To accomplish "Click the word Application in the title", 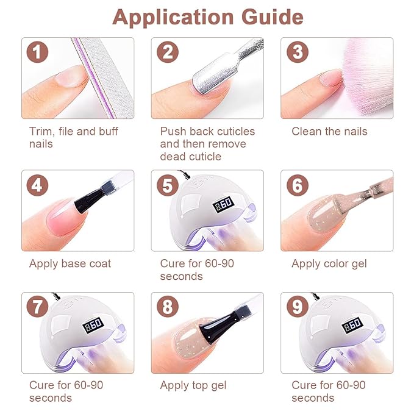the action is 173,18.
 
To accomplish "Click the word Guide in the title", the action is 272,17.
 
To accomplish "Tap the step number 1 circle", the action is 37,52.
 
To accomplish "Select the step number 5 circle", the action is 168,185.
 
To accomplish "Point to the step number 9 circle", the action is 298,307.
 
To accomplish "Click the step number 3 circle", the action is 298,52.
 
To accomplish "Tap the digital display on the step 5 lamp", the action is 223,204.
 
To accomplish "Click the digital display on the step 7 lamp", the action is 93,324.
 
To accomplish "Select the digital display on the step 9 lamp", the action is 352,324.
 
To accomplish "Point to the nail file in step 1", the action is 104,78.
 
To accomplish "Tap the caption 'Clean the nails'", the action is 329,131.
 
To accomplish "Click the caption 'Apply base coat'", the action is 70,264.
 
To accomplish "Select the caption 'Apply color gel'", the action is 329,264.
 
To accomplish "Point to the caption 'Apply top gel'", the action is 193,385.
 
